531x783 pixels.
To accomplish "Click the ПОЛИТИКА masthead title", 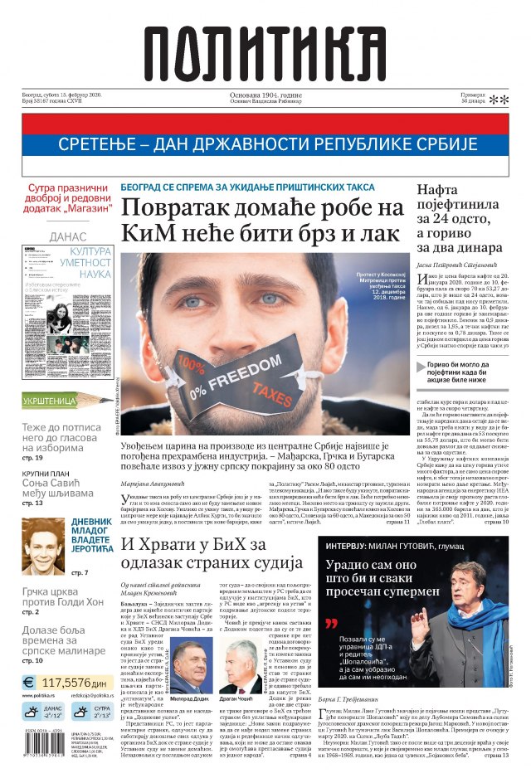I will click(265, 54).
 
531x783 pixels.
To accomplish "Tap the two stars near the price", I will click(499, 100).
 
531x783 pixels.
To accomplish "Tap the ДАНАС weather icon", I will click(32, 712).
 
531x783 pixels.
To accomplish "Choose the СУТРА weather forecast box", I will click(91, 712).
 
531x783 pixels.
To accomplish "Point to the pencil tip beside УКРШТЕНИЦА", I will click(108, 399).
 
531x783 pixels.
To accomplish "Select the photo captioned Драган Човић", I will click(241, 665).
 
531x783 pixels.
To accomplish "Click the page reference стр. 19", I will click(33, 457).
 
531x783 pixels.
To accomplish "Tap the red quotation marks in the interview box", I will click(332, 623).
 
